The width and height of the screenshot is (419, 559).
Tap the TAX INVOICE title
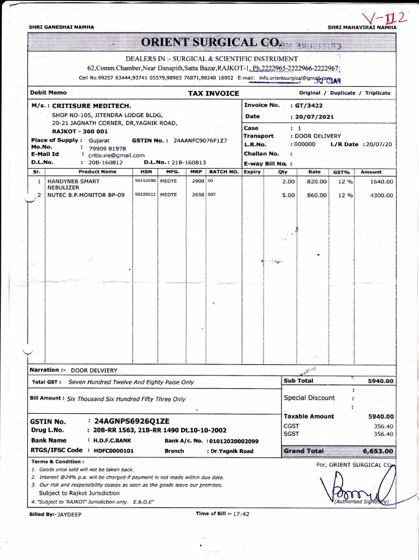(213, 93)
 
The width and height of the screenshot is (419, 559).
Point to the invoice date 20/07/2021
(315, 116)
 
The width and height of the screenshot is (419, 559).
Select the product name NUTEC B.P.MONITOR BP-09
(86, 195)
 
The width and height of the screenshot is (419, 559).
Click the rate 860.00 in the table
(316, 195)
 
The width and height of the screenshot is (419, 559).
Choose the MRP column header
(196, 171)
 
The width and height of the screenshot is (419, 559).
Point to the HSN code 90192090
(146, 181)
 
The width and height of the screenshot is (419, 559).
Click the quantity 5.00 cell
(288, 195)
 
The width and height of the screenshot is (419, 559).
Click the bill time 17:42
(242, 514)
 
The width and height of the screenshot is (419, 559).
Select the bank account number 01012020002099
(234, 441)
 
